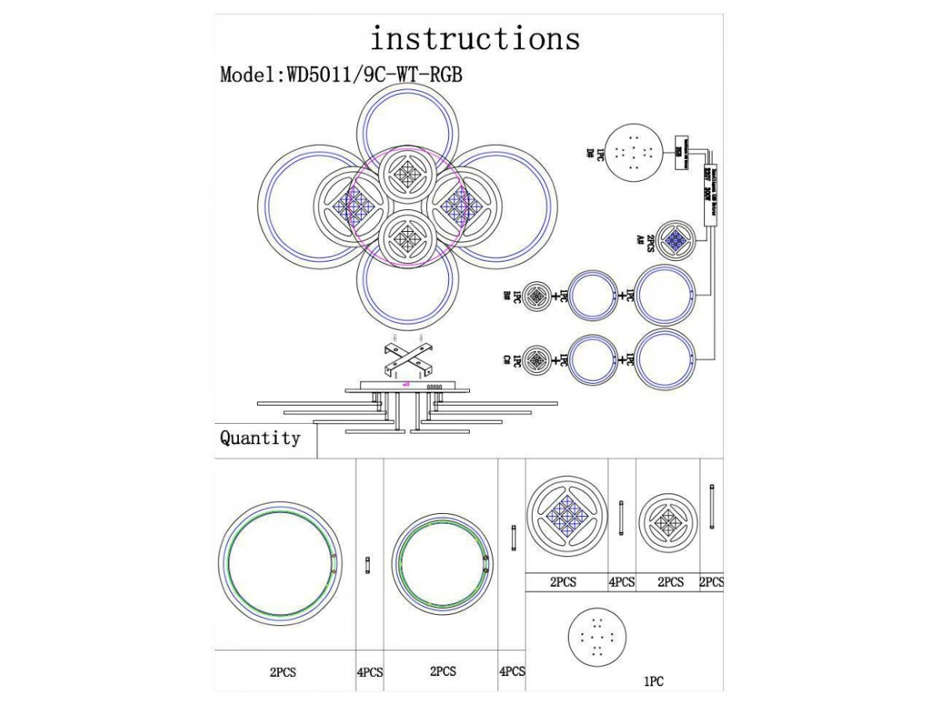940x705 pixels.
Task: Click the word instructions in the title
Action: click(475, 38)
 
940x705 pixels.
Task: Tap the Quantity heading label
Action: click(259, 439)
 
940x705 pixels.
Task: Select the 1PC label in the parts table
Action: click(653, 682)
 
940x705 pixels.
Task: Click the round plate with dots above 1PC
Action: click(597, 636)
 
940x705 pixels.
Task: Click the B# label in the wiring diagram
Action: click(507, 296)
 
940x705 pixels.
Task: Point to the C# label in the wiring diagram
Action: click(507, 360)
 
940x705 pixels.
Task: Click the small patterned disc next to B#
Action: click(537, 296)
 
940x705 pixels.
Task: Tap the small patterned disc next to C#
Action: click(537, 360)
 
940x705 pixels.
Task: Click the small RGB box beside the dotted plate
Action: click(679, 146)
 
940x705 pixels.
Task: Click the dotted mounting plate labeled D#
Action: click(634, 152)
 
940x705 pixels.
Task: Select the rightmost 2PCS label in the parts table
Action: click(711, 582)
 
